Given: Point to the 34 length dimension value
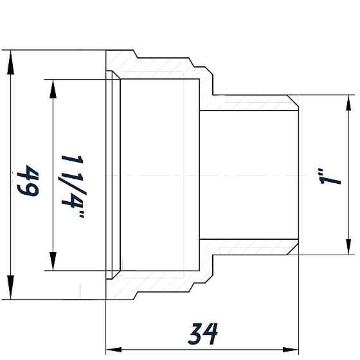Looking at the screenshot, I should click(204, 333).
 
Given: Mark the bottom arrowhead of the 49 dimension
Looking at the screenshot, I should click(11, 289).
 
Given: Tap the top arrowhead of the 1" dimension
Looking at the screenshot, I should click(348, 104).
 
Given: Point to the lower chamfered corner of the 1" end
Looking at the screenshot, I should click(294, 248).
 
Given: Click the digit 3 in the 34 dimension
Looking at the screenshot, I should click(196, 333).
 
